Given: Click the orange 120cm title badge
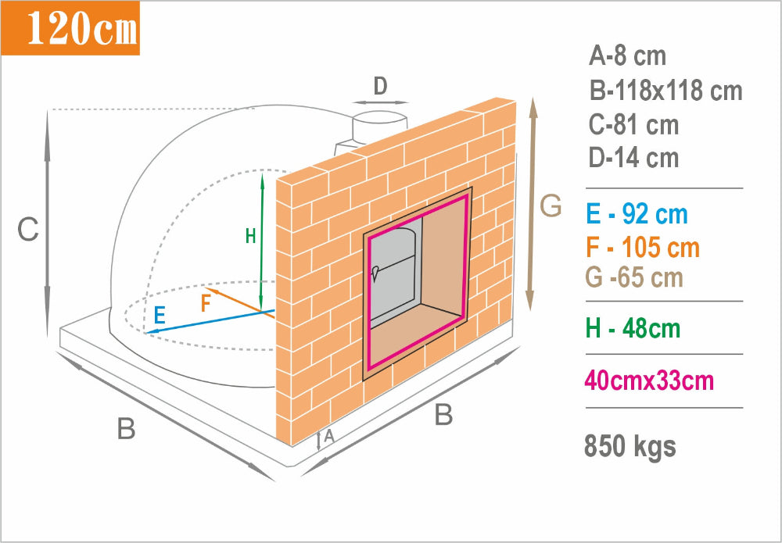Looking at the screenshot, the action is pyautogui.click(x=70, y=28).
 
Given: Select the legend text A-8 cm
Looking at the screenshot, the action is pyautogui.click(x=627, y=55).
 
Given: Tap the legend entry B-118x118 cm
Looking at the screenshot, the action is pyautogui.click(x=665, y=91).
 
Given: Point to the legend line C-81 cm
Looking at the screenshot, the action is pyautogui.click(x=633, y=124).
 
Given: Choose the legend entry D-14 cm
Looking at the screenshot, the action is pyautogui.click(x=633, y=157).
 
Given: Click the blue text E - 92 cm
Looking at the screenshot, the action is pyautogui.click(x=637, y=215).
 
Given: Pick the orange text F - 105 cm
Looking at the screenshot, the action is pyautogui.click(x=644, y=248).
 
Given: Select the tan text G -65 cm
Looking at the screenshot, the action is pyautogui.click(x=634, y=278).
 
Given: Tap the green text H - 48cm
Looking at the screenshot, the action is pyautogui.click(x=633, y=329).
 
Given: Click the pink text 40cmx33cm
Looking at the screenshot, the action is pyautogui.click(x=649, y=381).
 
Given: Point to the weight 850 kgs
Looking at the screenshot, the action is pyautogui.click(x=630, y=446).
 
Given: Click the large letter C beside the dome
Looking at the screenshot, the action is pyautogui.click(x=28, y=230).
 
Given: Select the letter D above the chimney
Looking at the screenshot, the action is pyautogui.click(x=381, y=87).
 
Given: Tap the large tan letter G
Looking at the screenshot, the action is pyautogui.click(x=551, y=205).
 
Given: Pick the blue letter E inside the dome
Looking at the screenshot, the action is pyautogui.click(x=160, y=316).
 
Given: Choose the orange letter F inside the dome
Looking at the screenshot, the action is pyautogui.click(x=206, y=303).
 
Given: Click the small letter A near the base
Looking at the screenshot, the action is pyautogui.click(x=328, y=437).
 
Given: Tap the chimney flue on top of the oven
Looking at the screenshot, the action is pyautogui.click(x=379, y=129).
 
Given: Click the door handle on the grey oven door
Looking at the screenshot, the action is pyautogui.click(x=375, y=272).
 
